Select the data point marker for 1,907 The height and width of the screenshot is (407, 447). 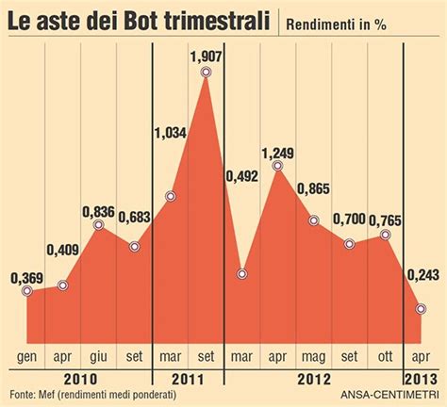tap(206, 73)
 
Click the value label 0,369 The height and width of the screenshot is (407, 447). tap(27, 278)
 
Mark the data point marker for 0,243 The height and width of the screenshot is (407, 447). tap(420, 308)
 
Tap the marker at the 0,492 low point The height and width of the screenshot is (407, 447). tap(242, 274)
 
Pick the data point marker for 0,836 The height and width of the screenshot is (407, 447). tap(99, 226)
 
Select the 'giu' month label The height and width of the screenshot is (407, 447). tap(99, 357)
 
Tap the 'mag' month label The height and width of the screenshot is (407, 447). tap(313, 357)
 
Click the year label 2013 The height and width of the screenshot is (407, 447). tap(420, 377)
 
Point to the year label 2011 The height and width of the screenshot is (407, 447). tap(189, 377)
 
